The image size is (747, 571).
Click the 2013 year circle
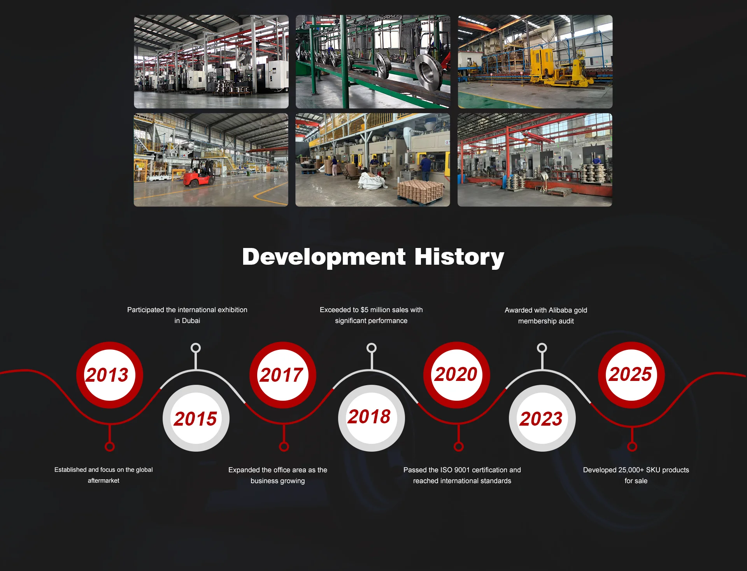pyautogui.click(x=110, y=375)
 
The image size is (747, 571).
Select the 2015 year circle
pyautogui.click(x=196, y=418)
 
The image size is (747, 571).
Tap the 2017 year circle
pyautogui.click(x=283, y=375)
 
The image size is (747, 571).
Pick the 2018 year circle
pyautogui.click(x=372, y=418)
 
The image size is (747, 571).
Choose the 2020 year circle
pyautogui.click(x=457, y=375)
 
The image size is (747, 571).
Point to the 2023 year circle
pyautogui.click(x=542, y=418)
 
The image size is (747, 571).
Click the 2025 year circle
pyautogui.click(x=631, y=375)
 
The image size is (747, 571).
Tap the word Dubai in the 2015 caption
pyautogui.click(x=191, y=321)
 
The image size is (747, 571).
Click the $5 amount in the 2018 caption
pyautogui.click(x=364, y=310)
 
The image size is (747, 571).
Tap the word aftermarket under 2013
pyautogui.click(x=103, y=481)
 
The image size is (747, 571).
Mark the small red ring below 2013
pyautogui.click(x=110, y=447)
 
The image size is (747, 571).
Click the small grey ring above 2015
pyautogui.click(x=196, y=348)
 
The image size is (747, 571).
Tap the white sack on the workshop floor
pyautogui.click(x=372, y=180)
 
